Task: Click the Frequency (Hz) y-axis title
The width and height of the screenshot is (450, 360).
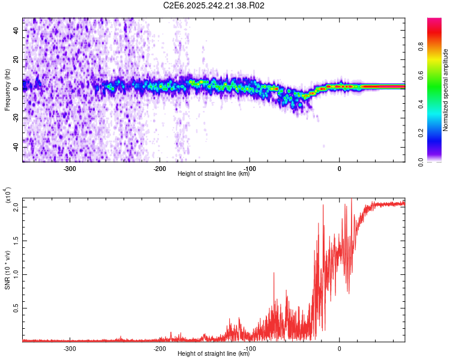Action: [x=7, y=91]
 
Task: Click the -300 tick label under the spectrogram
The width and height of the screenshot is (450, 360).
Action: [x=70, y=169]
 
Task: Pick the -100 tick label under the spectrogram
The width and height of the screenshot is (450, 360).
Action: [x=250, y=169]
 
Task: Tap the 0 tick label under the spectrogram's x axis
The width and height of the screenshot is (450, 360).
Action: [x=340, y=169]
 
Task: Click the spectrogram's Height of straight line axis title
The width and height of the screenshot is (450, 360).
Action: [x=214, y=174]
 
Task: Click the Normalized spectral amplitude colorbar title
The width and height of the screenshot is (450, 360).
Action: [x=446, y=90]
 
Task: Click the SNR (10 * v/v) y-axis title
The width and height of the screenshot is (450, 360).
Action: [x=7, y=269]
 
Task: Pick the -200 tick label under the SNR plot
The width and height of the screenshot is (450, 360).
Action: [x=160, y=349]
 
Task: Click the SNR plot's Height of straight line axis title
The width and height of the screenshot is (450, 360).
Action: [x=214, y=354]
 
